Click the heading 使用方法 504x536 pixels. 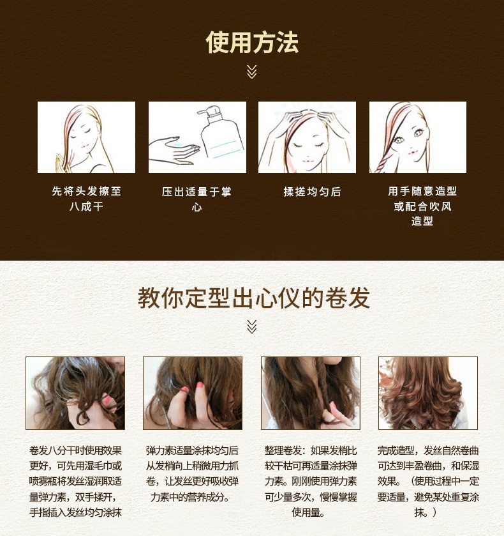point(252,42)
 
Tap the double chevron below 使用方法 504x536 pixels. point(251,72)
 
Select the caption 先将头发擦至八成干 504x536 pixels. point(86,199)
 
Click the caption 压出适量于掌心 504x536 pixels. point(196,199)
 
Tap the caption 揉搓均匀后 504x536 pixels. point(312,192)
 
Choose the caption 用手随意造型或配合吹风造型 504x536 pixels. point(422,206)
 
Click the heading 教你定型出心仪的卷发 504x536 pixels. point(254,298)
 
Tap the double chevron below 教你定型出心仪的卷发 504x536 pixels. point(251,327)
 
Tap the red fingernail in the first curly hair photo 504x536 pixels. point(107,399)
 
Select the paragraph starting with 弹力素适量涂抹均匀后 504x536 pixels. point(192,473)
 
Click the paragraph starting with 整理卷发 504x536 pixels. point(311,481)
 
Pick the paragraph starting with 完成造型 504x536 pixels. point(428,481)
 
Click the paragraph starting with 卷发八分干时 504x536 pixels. point(75,481)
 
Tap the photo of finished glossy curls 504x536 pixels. point(428,393)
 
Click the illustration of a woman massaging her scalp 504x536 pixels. point(307,137)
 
